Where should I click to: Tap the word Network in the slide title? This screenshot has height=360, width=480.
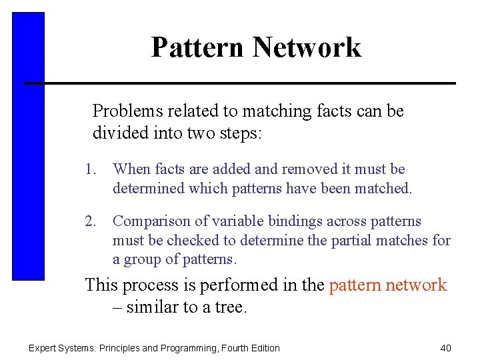pos(307,47)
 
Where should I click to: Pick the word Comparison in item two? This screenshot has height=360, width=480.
pos(149,221)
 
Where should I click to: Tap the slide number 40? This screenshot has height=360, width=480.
pos(446,348)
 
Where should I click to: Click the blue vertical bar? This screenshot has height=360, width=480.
pos(28,147)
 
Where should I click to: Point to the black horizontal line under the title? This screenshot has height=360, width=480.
pos(240,83)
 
